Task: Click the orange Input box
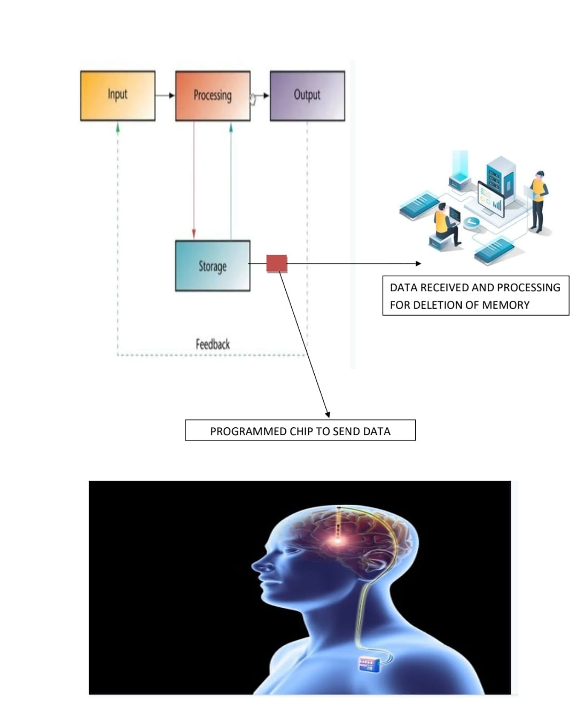[x=118, y=96]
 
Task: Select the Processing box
[x=213, y=96]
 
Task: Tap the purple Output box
[x=307, y=96]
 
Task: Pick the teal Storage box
[x=213, y=266]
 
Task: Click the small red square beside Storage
[x=277, y=264]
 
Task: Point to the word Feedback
[x=213, y=344]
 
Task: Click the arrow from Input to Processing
[x=165, y=96]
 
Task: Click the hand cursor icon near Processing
[x=253, y=99]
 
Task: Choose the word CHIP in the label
[x=302, y=432]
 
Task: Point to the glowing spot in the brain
[x=338, y=540]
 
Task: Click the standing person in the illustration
[x=538, y=200]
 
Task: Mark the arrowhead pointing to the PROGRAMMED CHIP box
[x=328, y=414]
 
